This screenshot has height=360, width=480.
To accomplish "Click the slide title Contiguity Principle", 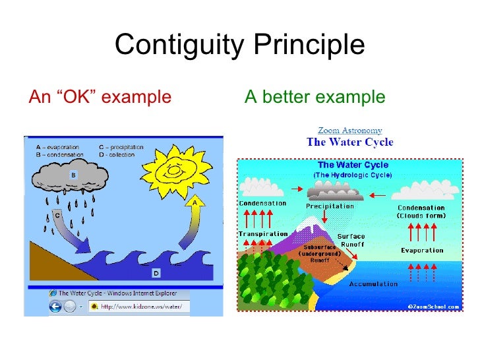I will pos(239,45).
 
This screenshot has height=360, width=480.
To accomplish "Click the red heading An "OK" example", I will pos(100,98).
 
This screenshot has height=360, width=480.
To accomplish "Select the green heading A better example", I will pos(315,98).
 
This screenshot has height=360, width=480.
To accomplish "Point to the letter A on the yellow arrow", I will pos(195,202).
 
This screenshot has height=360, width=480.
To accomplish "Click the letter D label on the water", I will pos(156,272).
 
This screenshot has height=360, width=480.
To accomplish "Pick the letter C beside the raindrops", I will pos(57,215).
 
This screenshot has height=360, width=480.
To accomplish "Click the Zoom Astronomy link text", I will pos(349,131).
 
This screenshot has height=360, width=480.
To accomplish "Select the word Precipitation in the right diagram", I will pos(330,206).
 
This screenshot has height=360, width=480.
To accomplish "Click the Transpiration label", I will pos(263,234).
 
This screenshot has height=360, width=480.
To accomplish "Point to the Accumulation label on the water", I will pos(373,284).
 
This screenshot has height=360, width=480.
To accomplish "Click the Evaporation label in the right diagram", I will pos(422,251).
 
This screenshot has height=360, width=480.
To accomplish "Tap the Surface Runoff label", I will pos(351,239).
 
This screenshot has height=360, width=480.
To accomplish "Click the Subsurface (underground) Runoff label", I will pos(320,253).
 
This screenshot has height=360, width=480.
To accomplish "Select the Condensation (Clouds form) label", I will pos(421,212).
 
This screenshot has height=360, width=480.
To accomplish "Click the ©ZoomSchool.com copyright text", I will pos(433,307).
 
